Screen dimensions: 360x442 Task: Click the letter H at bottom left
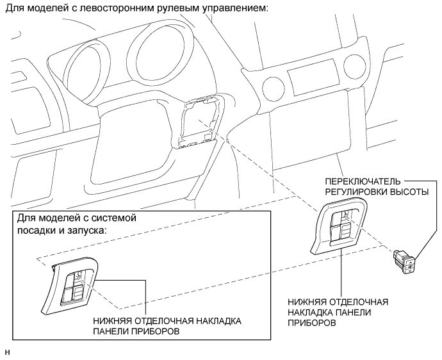point(7,352)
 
